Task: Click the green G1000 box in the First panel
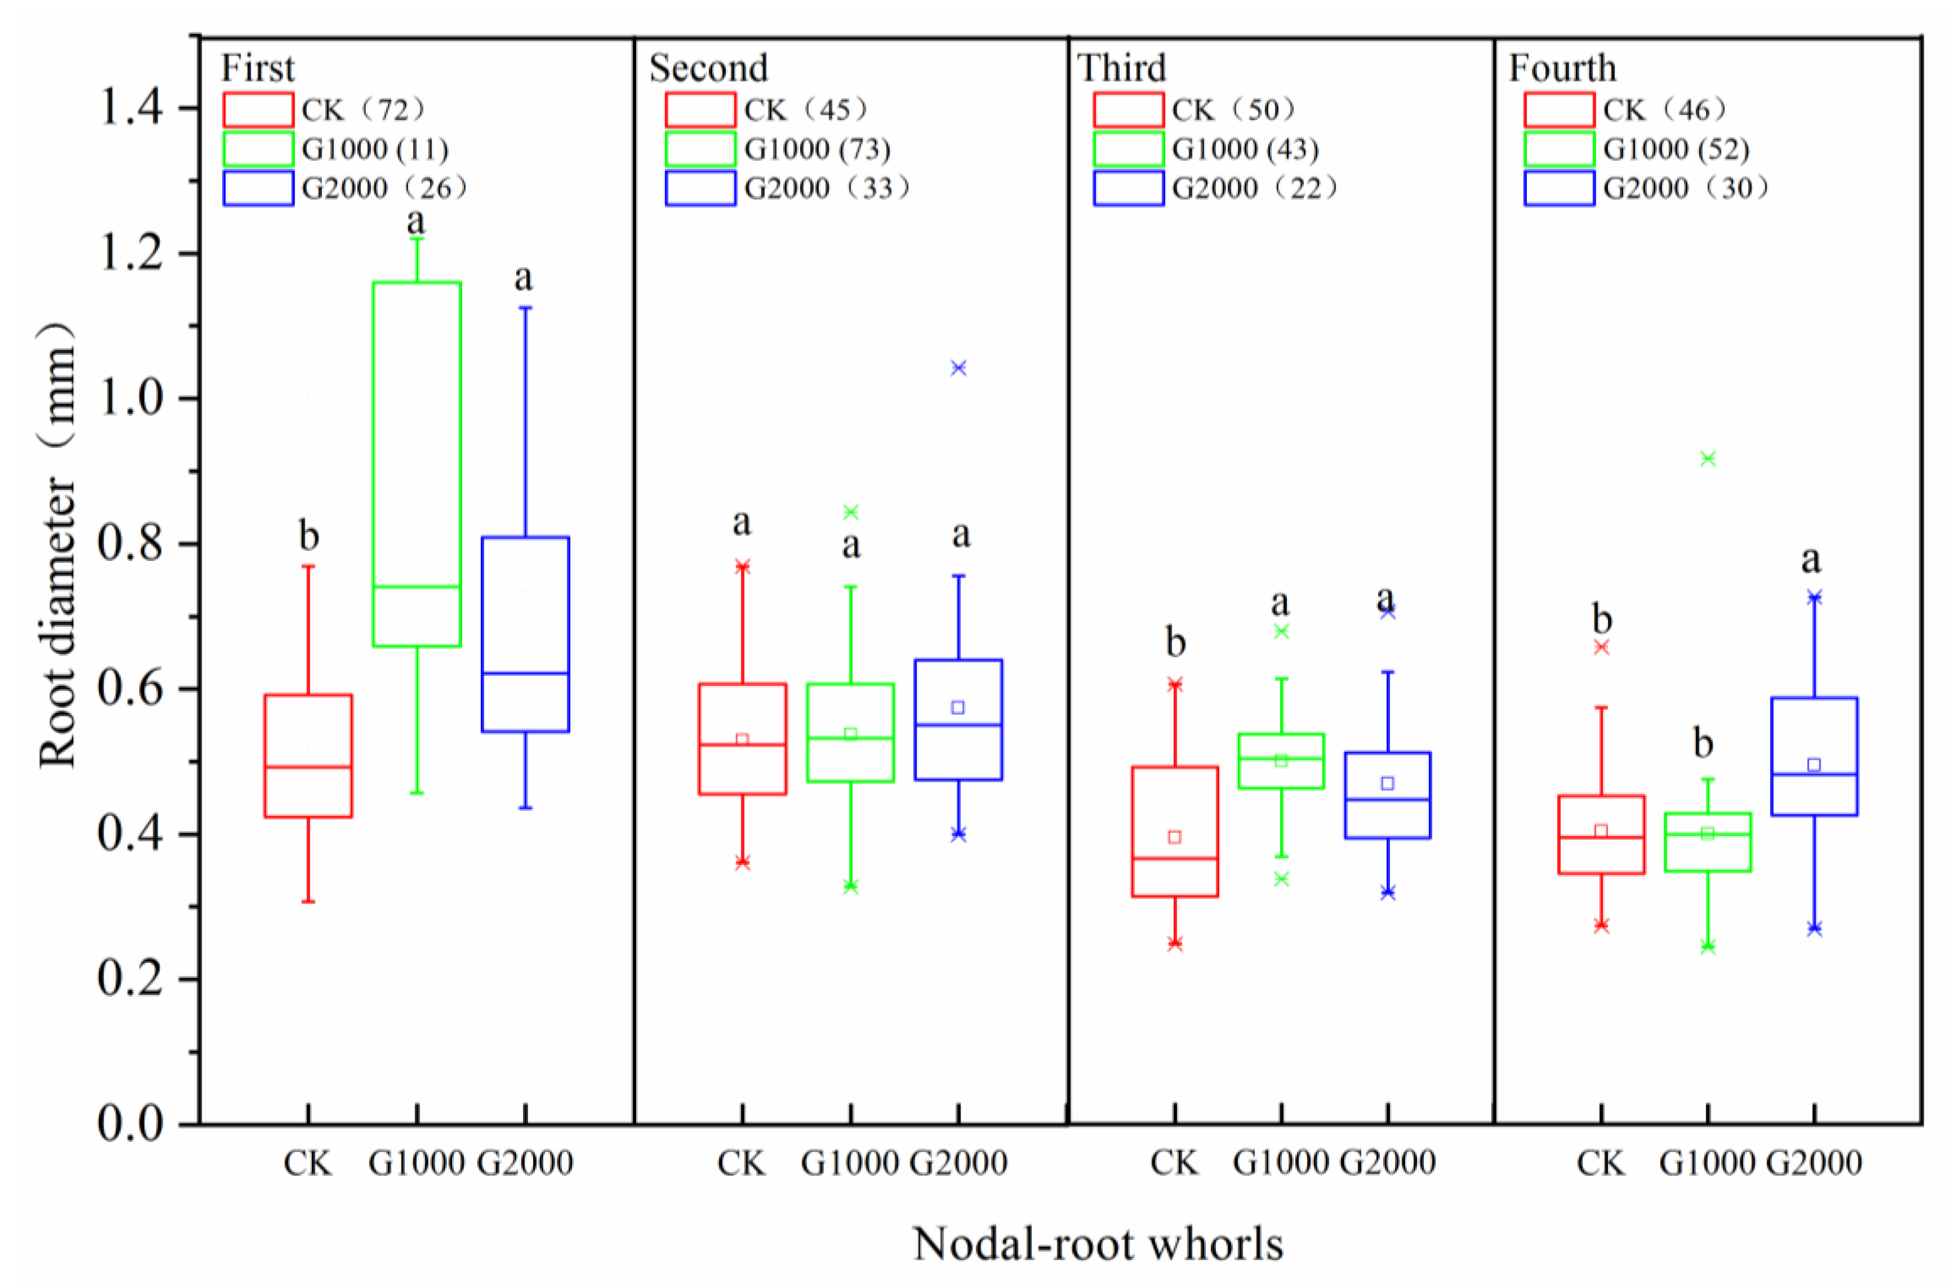(x=417, y=464)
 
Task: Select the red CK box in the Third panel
(x=1174, y=831)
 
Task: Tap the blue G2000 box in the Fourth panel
(x=1814, y=756)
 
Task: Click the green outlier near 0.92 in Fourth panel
(x=1707, y=459)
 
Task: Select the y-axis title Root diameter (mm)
(x=57, y=545)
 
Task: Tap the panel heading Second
(x=708, y=68)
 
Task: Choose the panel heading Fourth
(x=1562, y=68)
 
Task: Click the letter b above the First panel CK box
(x=309, y=536)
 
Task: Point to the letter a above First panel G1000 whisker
(x=416, y=221)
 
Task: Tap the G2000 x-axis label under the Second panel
(x=958, y=1163)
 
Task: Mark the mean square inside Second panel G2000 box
(x=957, y=707)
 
